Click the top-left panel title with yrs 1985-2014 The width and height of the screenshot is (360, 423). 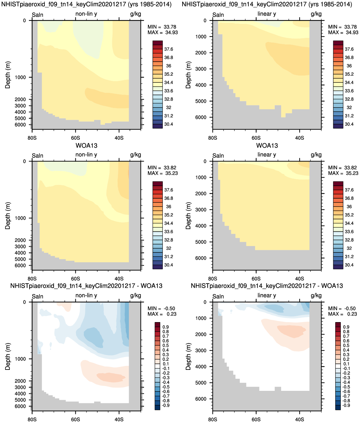tap(87, 4)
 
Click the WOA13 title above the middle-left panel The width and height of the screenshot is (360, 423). tap(87, 145)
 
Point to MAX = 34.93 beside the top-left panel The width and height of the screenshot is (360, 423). tap(163, 32)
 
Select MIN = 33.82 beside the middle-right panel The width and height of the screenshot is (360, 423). tap(343, 168)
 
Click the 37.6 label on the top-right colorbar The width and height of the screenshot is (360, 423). tap(349, 49)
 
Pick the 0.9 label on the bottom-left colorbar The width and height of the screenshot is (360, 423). tap(166, 327)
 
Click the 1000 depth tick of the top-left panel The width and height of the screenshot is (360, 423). tap(20, 77)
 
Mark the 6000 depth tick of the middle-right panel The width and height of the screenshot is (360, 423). tap(201, 258)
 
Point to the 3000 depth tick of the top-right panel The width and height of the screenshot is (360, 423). tap(201, 69)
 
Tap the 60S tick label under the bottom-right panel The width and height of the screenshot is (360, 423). tap(256, 419)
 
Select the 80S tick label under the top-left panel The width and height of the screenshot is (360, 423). tap(32, 138)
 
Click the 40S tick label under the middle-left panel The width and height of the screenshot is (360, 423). tap(119, 278)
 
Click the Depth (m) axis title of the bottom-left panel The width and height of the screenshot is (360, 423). tap(8, 356)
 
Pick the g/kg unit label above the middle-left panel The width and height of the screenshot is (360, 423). tap(135, 155)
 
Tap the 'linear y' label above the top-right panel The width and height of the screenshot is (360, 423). tap(267, 14)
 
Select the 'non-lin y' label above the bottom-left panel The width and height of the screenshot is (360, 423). tap(86, 295)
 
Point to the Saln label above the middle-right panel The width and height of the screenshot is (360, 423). tap(218, 156)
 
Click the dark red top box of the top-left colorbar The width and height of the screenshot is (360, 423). tap(158, 43)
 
